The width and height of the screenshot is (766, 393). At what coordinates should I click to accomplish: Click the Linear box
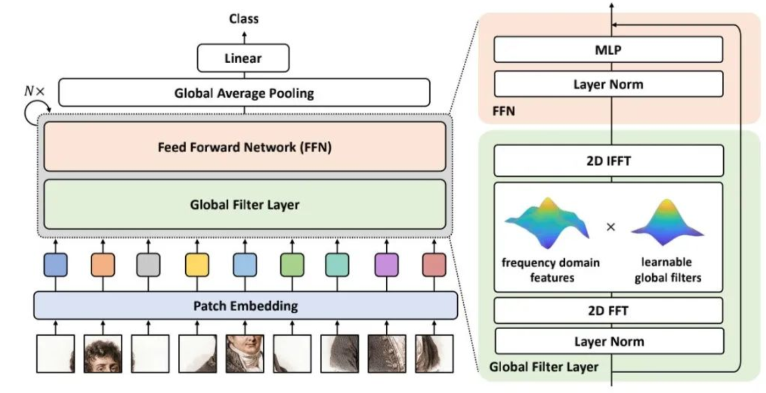click(x=244, y=58)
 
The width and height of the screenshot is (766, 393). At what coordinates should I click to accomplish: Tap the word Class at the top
click(x=244, y=19)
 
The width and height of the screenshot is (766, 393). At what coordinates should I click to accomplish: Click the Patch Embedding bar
click(x=245, y=305)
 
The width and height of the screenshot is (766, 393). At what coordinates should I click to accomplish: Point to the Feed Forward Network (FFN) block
click(x=245, y=148)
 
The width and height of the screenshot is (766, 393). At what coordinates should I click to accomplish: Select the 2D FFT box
click(x=609, y=311)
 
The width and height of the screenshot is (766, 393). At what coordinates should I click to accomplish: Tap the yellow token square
click(x=197, y=264)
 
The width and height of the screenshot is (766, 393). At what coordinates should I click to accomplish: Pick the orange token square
click(x=103, y=264)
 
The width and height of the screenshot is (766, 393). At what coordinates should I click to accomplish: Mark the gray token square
click(x=148, y=264)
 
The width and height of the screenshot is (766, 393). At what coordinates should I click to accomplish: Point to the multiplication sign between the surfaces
click(x=610, y=226)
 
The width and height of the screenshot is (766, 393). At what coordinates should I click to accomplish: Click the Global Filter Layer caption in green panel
click(x=543, y=367)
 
